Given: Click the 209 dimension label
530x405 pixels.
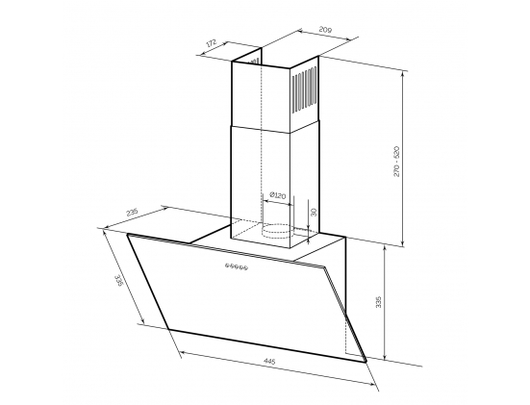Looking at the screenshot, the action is pos(325,30).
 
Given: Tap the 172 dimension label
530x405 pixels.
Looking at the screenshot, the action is pos(211,43).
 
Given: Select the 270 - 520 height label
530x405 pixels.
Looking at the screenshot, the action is pos(396,162).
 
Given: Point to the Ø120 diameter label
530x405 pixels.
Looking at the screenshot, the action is pos(278,195).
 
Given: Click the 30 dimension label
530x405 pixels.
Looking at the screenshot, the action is pos(314,213).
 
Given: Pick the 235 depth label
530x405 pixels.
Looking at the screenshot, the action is pos(132,213).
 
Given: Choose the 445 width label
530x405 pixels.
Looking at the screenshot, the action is pos(269,361).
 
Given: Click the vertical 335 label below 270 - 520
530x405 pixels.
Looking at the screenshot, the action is pos(378,302).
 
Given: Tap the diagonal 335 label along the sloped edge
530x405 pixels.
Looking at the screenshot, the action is pos(118,281).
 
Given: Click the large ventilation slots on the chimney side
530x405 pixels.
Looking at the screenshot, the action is pos(304,89).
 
